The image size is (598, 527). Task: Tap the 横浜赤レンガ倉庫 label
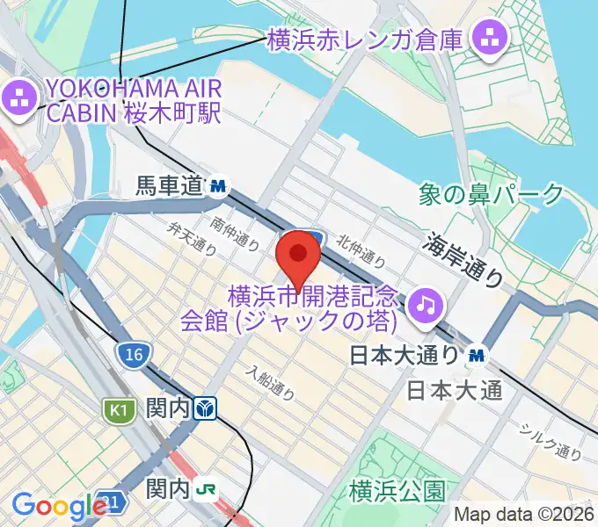point(365,39)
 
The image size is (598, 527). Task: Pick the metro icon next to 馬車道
point(218,186)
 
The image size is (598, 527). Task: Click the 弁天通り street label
point(193,236)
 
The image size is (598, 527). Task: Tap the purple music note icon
point(428,303)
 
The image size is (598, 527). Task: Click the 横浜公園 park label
point(397,490)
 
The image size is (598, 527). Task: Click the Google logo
point(59,507)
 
